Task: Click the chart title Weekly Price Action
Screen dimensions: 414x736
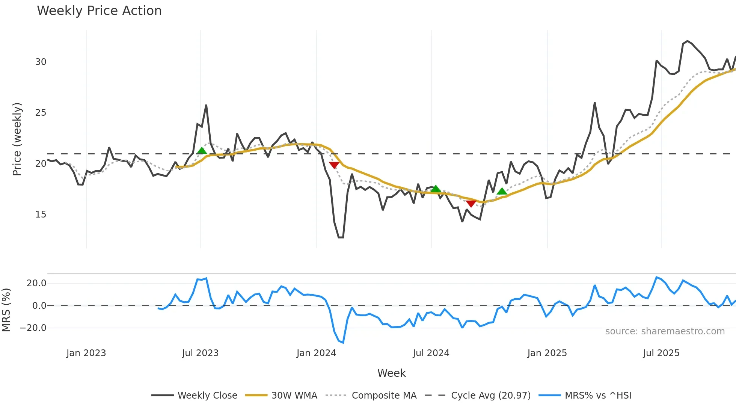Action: pyautogui.click(x=99, y=11)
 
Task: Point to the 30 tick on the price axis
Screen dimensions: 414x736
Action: pyautogui.click(x=41, y=62)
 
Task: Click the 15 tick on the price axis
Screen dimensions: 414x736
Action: pyautogui.click(x=41, y=215)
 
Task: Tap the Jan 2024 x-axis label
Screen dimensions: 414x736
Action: pyautogui.click(x=316, y=353)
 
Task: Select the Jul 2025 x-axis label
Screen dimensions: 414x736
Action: pyautogui.click(x=661, y=353)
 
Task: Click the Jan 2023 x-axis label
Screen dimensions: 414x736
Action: pyautogui.click(x=86, y=353)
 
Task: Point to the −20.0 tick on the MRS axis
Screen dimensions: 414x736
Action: pyautogui.click(x=33, y=328)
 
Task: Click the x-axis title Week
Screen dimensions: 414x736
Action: pyautogui.click(x=391, y=373)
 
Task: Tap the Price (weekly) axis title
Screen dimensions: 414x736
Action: pyautogui.click(x=17, y=139)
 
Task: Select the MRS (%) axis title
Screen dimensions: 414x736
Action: pyautogui.click(x=6, y=310)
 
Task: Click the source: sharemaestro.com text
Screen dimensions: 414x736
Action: pyautogui.click(x=665, y=331)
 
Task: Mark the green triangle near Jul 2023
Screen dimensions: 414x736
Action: pyautogui.click(x=202, y=151)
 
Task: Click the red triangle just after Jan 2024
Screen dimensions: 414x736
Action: pyautogui.click(x=334, y=165)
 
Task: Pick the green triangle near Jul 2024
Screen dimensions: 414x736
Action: pyautogui.click(x=435, y=189)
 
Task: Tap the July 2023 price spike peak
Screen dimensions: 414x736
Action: pyautogui.click(x=206, y=106)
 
